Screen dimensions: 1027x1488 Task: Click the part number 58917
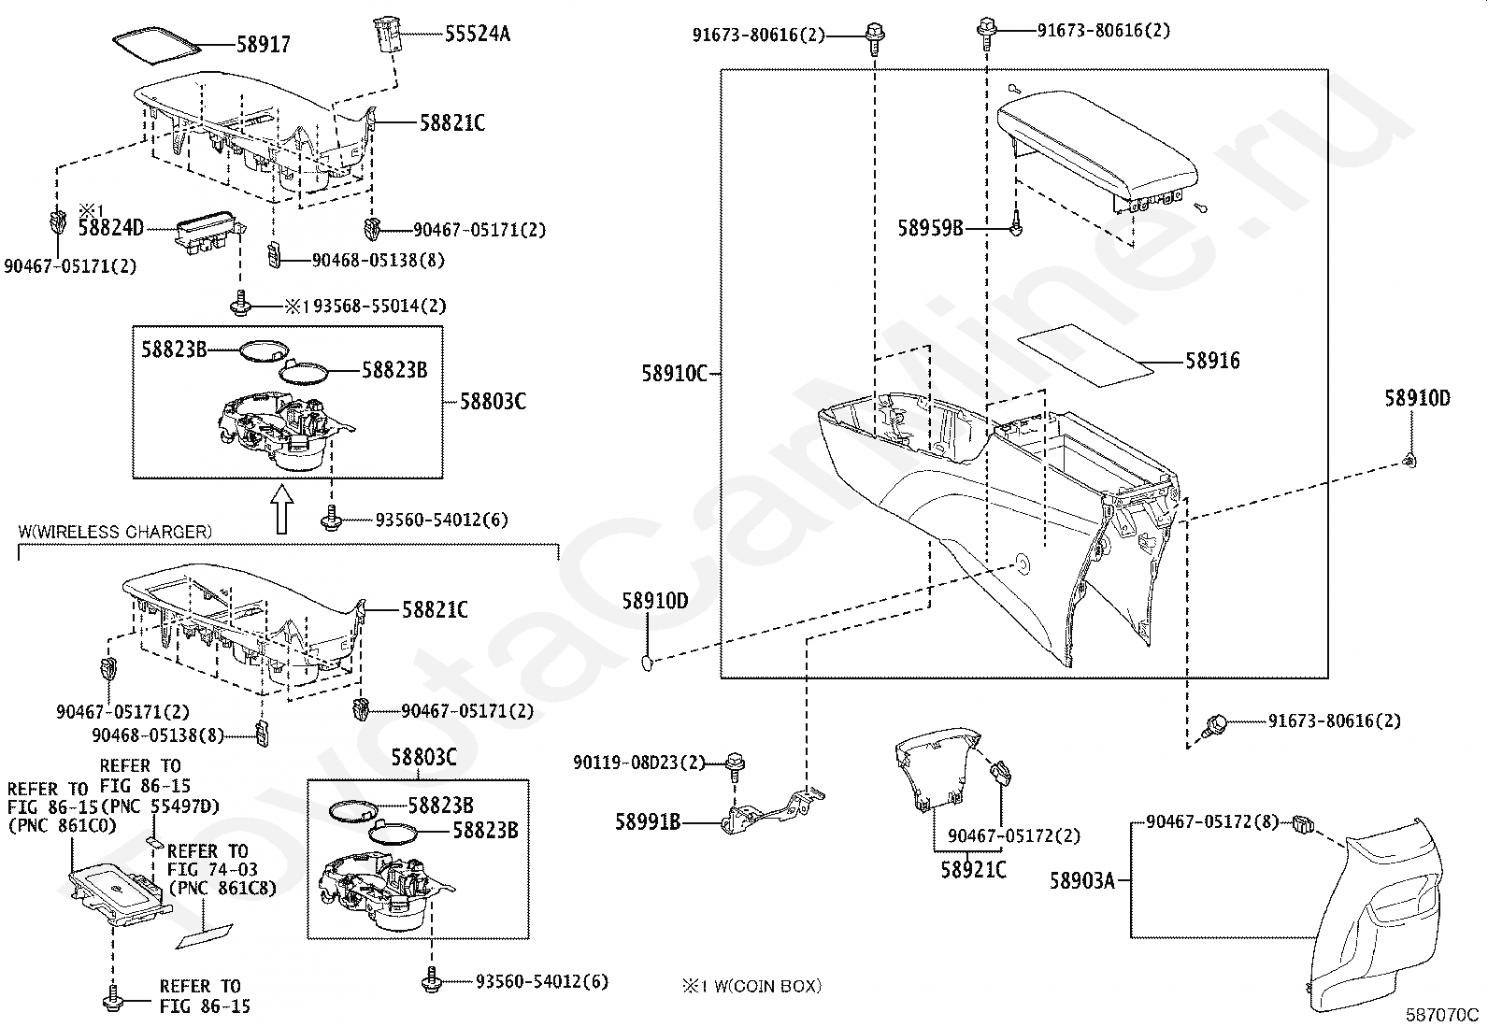264,44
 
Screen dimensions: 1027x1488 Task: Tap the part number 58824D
110,227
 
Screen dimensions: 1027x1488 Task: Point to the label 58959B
930,227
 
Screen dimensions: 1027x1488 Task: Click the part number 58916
1212,361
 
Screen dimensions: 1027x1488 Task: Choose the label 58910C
674,373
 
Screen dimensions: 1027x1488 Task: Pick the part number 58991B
647,822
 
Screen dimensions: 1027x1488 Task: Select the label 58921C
973,870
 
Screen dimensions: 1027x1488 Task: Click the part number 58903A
1081,880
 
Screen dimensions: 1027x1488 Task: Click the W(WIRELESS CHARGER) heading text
115,532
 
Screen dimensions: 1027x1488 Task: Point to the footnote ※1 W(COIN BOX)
751,985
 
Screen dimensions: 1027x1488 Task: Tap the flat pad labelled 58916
1084,355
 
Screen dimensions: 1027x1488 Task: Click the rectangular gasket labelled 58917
156,44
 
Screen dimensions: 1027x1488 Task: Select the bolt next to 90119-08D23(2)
734,764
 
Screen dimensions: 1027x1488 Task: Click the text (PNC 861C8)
222,888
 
